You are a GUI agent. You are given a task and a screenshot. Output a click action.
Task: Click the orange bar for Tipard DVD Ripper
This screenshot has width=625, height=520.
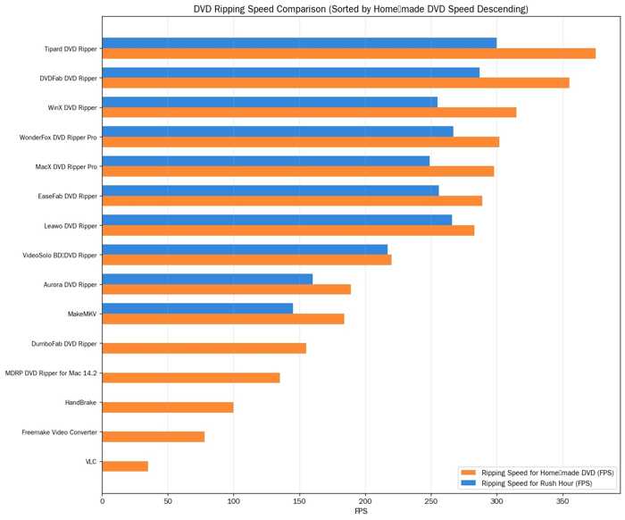pyautogui.click(x=349, y=54)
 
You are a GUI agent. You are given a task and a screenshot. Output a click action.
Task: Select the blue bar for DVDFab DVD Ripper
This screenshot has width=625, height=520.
pyautogui.click(x=291, y=72)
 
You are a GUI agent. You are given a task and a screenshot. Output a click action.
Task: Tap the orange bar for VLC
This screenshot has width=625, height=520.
pyautogui.click(x=125, y=466)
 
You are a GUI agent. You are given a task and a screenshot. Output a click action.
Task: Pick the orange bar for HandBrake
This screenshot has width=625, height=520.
pyautogui.click(x=168, y=407)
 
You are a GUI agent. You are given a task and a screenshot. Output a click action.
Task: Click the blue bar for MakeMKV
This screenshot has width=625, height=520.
pyautogui.click(x=197, y=308)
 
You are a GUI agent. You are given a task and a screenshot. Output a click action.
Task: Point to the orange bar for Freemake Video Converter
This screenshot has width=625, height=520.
pyautogui.click(x=154, y=437)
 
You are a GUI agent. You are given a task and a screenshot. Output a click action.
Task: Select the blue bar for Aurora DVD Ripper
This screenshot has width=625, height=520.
pyautogui.click(x=207, y=279)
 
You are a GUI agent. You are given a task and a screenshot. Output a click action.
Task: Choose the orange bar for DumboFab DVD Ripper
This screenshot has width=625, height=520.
pyautogui.click(x=204, y=348)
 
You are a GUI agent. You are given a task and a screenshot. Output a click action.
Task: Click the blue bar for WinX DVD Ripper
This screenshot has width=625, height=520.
pyautogui.click(x=270, y=102)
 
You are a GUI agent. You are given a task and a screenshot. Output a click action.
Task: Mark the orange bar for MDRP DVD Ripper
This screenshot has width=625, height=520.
pyautogui.click(x=191, y=378)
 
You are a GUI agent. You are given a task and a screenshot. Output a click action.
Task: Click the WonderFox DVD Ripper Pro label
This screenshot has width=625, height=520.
pyautogui.click(x=58, y=138)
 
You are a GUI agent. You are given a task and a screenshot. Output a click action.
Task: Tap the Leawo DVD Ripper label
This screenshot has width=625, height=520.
pyautogui.click(x=71, y=226)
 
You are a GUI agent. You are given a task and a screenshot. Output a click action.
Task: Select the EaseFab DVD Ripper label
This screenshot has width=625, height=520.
pyautogui.click(x=68, y=197)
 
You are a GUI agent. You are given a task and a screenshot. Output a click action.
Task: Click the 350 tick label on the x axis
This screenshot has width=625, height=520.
pyautogui.click(x=562, y=501)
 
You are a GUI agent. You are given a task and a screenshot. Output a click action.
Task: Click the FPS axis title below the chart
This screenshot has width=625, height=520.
pyautogui.click(x=361, y=511)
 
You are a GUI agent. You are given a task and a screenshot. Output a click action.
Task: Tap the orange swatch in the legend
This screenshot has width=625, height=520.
pyautogui.click(x=469, y=473)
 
